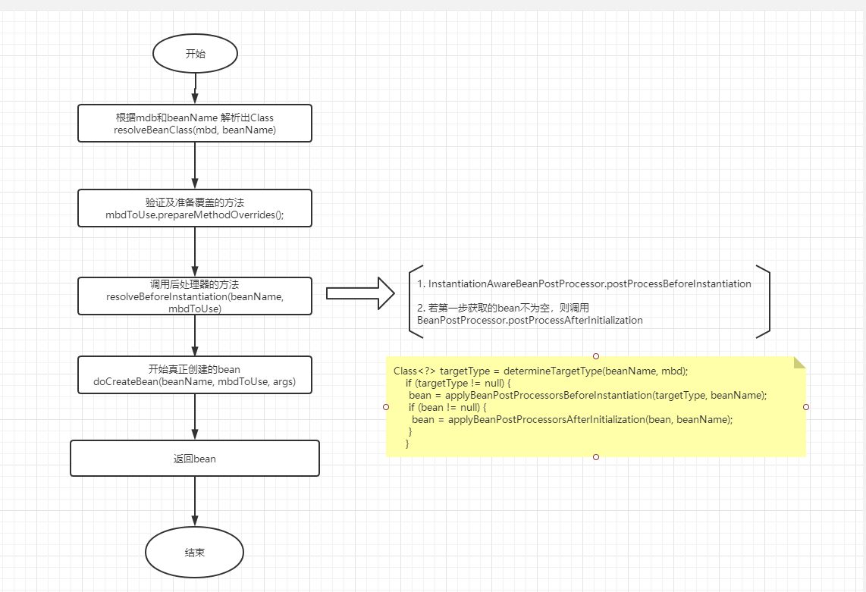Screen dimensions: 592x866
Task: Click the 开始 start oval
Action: point(195,54)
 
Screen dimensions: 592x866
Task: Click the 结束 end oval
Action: point(195,552)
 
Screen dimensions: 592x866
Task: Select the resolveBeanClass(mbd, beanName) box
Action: point(195,124)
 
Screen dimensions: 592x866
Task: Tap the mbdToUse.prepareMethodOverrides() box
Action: point(195,208)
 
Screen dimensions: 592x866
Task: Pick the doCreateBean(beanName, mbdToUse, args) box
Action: point(195,375)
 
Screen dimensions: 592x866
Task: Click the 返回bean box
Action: point(195,459)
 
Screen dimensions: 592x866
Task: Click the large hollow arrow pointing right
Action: point(360,293)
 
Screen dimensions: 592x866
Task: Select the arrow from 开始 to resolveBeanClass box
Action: point(195,88)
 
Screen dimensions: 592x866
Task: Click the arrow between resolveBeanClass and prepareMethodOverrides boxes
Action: point(195,165)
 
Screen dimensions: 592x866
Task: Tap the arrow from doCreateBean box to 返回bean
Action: point(195,416)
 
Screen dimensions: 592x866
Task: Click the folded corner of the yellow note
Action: point(799,362)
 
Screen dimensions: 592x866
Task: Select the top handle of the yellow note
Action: point(596,356)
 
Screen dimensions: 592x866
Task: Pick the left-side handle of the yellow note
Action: point(387,407)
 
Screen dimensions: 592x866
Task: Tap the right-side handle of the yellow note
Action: point(805,407)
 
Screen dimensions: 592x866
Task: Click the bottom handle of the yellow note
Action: point(596,457)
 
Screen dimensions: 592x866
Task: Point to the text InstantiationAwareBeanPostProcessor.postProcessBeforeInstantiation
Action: point(584,283)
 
